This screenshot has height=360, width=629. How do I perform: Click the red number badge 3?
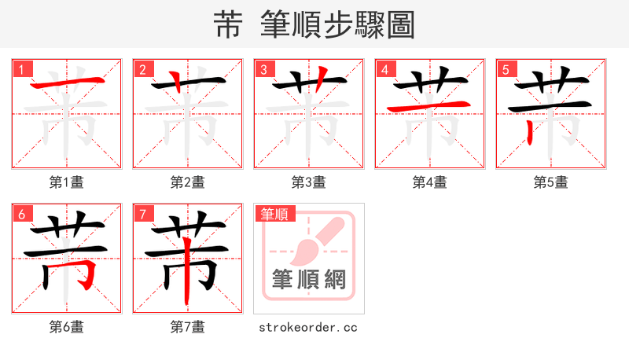click(264, 69)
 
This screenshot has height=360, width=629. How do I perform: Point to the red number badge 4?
click(385, 69)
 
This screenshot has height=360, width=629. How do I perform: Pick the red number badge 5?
click(506, 69)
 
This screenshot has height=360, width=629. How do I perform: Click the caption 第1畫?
click(67, 182)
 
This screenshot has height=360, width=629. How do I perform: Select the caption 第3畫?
click(309, 182)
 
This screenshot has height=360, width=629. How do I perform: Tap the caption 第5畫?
click(551, 182)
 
